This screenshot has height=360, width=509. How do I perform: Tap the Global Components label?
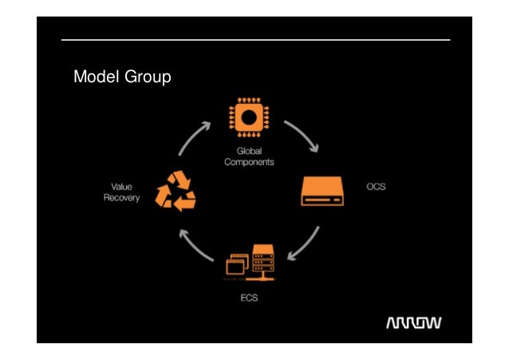point(248,156)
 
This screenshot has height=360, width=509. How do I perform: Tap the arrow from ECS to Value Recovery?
point(195,247)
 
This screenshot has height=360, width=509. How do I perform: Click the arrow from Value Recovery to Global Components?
point(194,138)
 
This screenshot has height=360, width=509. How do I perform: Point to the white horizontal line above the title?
point(255,40)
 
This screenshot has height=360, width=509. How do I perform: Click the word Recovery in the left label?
point(121,198)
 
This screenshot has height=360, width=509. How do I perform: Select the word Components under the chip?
point(248,161)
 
